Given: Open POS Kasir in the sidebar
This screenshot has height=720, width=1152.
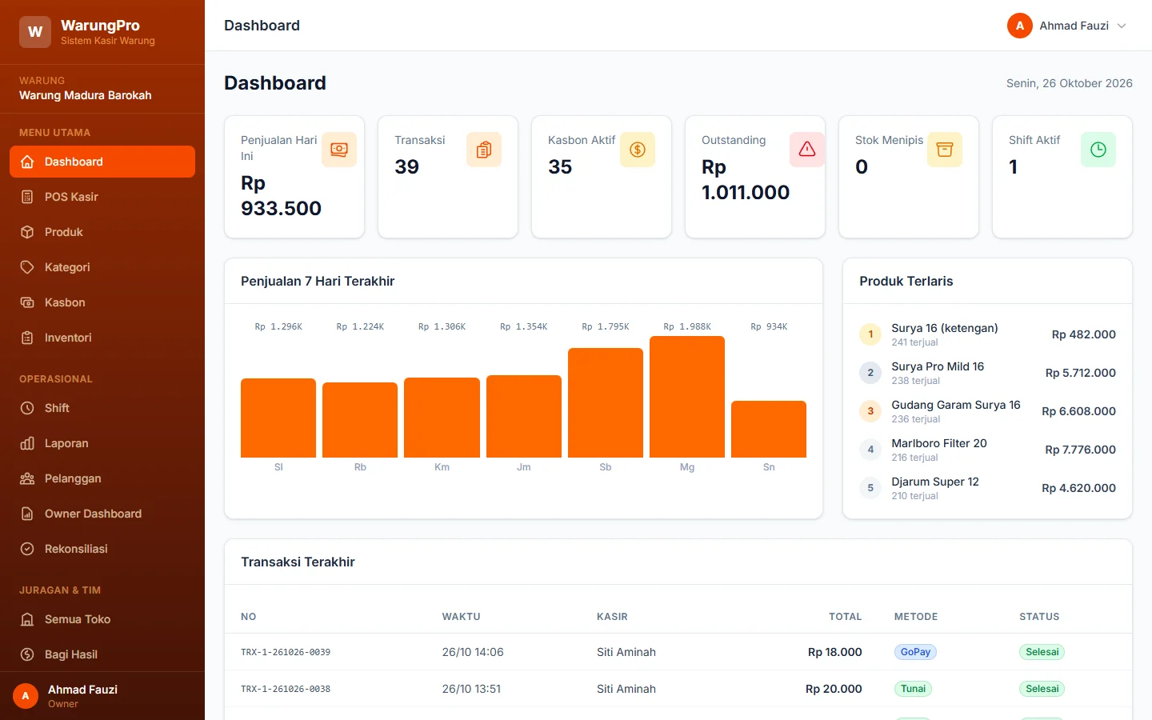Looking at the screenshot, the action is pyautogui.click(x=71, y=197).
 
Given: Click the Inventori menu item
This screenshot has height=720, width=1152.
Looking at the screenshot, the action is pyautogui.click(x=68, y=338).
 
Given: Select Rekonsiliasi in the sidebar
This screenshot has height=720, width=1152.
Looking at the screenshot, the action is pyautogui.click(x=75, y=549).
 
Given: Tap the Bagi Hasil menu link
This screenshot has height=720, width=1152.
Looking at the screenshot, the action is pyautogui.click(x=70, y=654).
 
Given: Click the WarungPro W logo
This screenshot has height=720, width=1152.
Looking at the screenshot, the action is pyautogui.click(x=35, y=32).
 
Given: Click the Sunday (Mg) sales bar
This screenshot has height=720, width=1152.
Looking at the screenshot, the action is pyautogui.click(x=687, y=397).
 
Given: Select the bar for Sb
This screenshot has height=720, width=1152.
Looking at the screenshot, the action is pyautogui.click(x=606, y=402).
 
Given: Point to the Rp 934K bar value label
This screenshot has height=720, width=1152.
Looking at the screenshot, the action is pyautogui.click(x=769, y=326).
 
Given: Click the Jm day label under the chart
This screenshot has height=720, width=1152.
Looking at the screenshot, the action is pyautogui.click(x=523, y=467).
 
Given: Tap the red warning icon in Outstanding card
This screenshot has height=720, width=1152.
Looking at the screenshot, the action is pyautogui.click(x=807, y=149).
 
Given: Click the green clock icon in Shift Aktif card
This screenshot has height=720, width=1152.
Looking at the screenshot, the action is pyautogui.click(x=1098, y=149).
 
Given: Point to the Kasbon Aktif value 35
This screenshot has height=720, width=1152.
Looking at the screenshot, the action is pyautogui.click(x=560, y=166).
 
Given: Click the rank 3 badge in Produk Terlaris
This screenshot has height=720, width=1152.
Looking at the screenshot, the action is pyautogui.click(x=870, y=411).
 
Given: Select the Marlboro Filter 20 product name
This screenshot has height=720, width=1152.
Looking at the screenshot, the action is pyautogui.click(x=939, y=443).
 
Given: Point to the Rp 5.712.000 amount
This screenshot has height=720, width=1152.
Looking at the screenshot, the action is pyautogui.click(x=1081, y=373).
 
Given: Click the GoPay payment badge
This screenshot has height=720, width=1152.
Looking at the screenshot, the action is pyautogui.click(x=915, y=651).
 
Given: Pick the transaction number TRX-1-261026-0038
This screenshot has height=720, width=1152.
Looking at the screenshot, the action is pyautogui.click(x=286, y=689).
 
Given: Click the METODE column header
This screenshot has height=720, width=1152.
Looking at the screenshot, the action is pyautogui.click(x=916, y=617).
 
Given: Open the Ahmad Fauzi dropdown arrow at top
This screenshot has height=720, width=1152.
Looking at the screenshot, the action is pyautogui.click(x=1122, y=26).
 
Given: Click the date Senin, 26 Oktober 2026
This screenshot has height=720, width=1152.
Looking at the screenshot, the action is pyautogui.click(x=1069, y=83).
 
